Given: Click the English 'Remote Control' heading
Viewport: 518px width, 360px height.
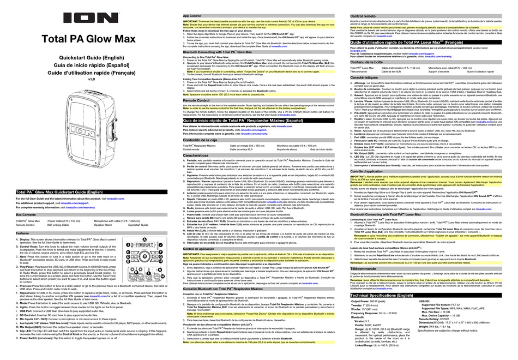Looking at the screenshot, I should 197,101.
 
